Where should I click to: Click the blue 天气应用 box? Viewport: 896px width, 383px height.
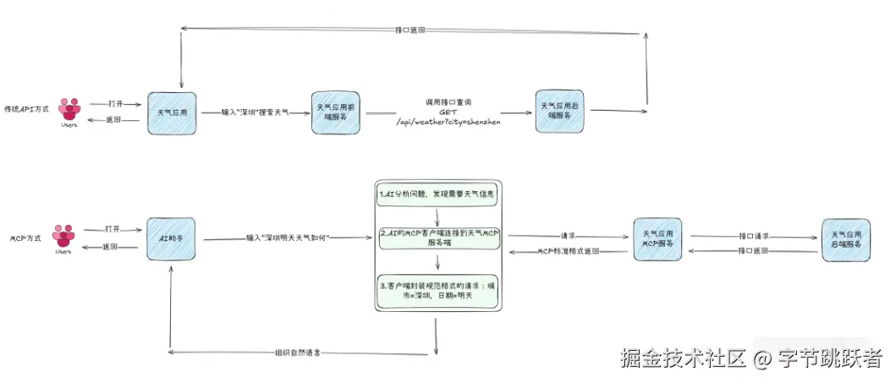[172, 112]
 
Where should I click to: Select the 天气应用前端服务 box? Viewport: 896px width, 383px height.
[336, 112]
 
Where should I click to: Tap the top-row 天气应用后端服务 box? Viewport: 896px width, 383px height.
[561, 111]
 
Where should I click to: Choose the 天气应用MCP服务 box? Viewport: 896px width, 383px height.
[657, 239]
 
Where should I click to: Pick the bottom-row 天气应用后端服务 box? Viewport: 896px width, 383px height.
[846, 239]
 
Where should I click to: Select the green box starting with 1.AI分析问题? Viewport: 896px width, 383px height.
[437, 195]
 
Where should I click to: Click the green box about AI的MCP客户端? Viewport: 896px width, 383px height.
[437, 238]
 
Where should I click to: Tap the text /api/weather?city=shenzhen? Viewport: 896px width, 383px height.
[448, 122]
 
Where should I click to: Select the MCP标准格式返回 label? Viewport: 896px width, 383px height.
[570, 252]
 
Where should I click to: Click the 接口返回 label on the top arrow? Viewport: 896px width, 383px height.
[410, 30]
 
